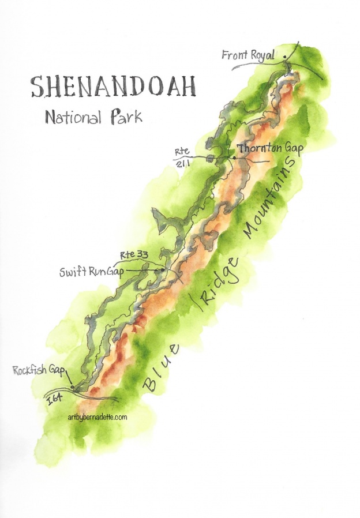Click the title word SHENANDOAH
(x=113, y=87)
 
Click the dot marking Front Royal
(x=284, y=57)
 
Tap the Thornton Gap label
(x=270, y=148)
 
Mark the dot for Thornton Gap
(x=234, y=157)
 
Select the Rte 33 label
(x=133, y=254)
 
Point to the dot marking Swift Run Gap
(x=163, y=270)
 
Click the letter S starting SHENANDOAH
(x=38, y=87)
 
